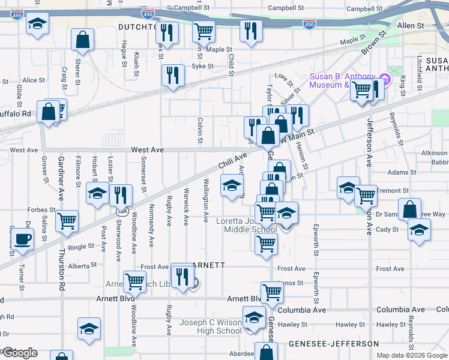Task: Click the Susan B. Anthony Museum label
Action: pyautogui.click(x=342, y=80)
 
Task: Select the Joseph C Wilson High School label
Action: pyautogui.click(x=211, y=326)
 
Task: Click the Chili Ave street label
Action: pyautogui.click(x=232, y=160)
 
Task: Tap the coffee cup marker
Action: pyautogui.click(x=23, y=239)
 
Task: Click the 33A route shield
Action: pyautogui.click(x=122, y=211)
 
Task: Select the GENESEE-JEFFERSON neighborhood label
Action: pyautogui.click(x=333, y=344)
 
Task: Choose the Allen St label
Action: pyautogui.click(x=411, y=26)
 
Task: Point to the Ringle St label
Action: pyautogui.click(x=81, y=246)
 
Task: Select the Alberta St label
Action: pyautogui.click(x=83, y=265)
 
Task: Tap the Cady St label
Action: pyautogui.click(x=387, y=229)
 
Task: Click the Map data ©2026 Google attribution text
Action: pyautogui.click(x=412, y=354)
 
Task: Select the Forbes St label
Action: pyautogui.click(x=41, y=210)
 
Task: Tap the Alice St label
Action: pyautogui.click(x=34, y=80)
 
